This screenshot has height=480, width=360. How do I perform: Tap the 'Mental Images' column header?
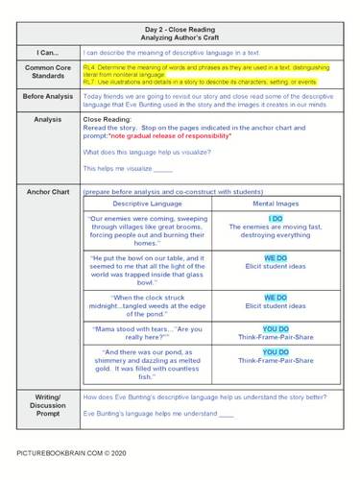point(275,204)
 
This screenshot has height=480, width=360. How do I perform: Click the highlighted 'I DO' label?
point(275,219)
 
